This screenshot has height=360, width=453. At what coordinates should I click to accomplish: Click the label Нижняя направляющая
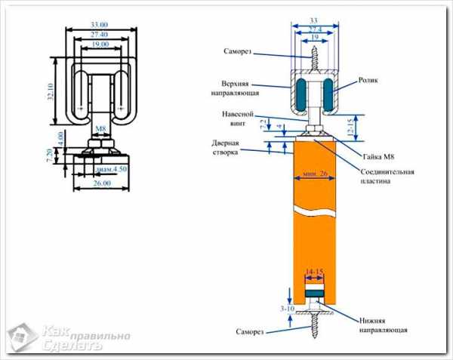(x=383, y=325)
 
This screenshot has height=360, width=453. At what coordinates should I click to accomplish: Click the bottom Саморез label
(x=251, y=331)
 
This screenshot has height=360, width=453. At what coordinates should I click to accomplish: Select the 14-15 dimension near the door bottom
(x=314, y=269)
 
